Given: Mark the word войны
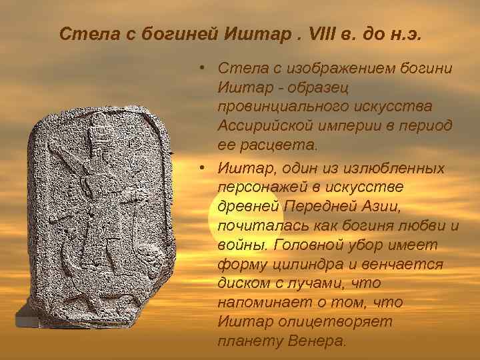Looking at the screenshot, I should (x=238, y=244).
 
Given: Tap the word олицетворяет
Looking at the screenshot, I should (x=317, y=321).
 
